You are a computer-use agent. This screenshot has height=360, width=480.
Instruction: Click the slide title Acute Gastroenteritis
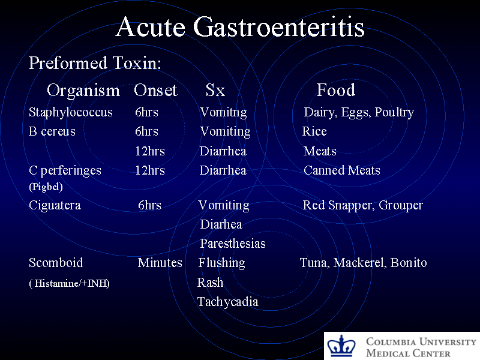pyautogui.click(x=240, y=27)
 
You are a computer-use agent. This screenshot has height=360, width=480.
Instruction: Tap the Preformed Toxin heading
pyautogui.click(x=95, y=63)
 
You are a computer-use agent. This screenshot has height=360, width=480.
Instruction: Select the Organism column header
pyautogui.click(x=83, y=91)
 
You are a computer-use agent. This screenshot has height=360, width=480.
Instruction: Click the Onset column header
pyautogui.click(x=155, y=91)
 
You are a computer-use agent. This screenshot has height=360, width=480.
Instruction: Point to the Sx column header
pyautogui.click(x=215, y=91)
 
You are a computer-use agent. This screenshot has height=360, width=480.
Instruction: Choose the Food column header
pyautogui.click(x=336, y=91)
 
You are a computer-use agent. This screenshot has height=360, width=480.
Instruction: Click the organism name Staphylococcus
pyautogui.click(x=71, y=112)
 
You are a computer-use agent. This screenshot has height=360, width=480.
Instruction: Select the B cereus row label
pyautogui.click(x=52, y=131)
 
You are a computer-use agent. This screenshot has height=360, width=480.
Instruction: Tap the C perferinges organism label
pyautogui.click(x=65, y=170)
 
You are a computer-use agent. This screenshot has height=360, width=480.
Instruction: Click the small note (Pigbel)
pyautogui.click(x=46, y=187)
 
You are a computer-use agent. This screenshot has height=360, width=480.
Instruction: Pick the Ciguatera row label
pyautogui.click(x=55, y=205)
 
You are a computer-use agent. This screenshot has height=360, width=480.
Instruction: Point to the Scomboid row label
pyautogui.click(x=56, y=263)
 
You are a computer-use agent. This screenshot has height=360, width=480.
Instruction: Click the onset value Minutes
pyautogui.click(x=160, y=263)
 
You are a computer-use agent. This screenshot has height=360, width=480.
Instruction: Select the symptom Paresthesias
pyautogui.click(x=233, y=244)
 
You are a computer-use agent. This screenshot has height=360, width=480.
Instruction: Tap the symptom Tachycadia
pyautogui.click(x=228, y=302)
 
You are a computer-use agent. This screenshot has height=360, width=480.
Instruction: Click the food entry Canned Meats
pyautogui.click(x=342, y=170)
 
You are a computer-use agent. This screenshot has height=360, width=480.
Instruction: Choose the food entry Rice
pyautogui.click(x=314, y=131)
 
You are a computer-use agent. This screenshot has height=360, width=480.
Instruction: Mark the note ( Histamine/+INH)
pyautogui.click(x=69, y=283)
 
